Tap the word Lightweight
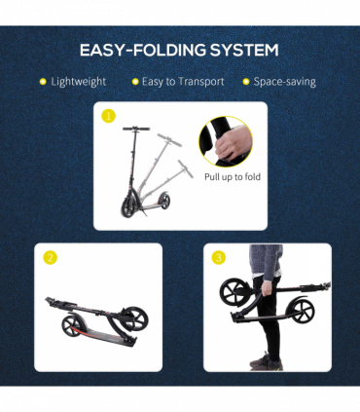click(x=79, y=82)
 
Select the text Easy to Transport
click(x=183, y=82)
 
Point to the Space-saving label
click(x=286, y=82)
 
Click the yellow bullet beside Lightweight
click(x=42, y=82)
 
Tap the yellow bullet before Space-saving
click(x=246, y=82)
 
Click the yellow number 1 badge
click(x=109, y=116)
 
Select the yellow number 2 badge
click(x=49, y=258)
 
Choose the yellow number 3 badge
click(x=218, y=258)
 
